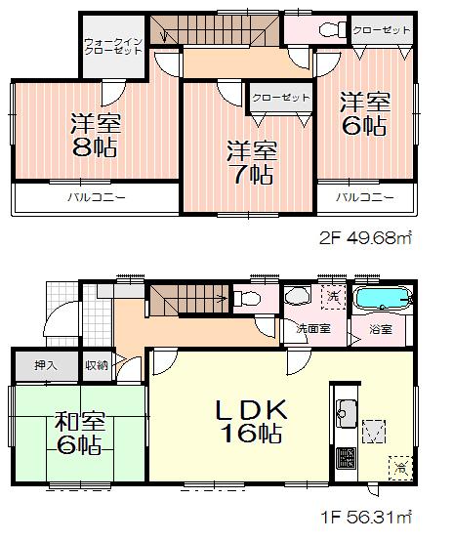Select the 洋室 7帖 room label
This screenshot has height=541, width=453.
[x=252, y=161]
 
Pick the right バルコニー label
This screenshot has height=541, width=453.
[x=366, y=197]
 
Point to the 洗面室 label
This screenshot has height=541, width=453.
[x=312, y=329]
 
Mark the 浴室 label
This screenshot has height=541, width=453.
[x=381, y=329]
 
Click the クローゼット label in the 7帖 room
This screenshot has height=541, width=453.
[x=281, y=98]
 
